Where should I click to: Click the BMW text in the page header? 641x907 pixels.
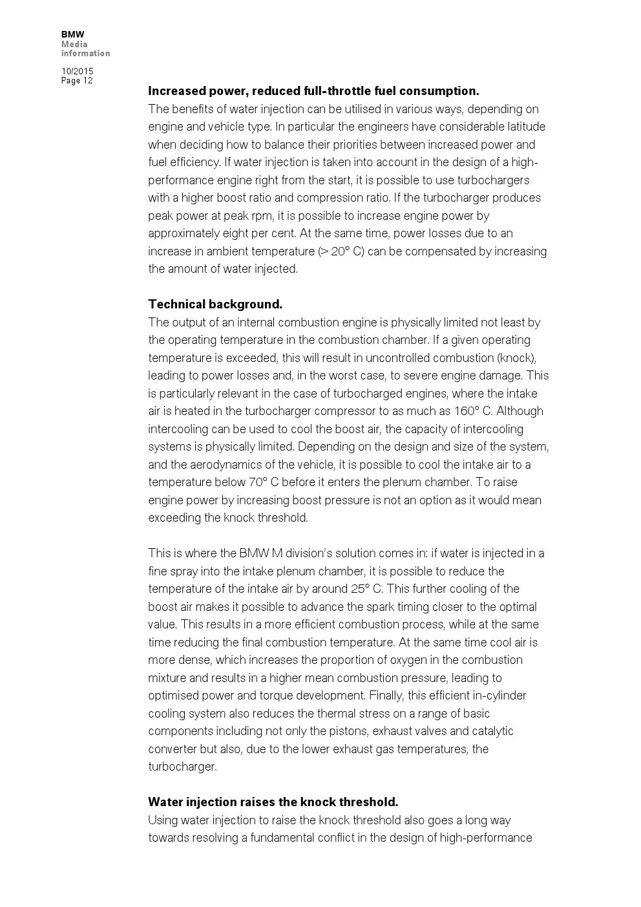[72, 34]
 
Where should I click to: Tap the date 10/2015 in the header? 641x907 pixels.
[77, 71]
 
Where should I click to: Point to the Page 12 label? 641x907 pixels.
[77, 81]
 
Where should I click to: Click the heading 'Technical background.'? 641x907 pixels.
[215, 304]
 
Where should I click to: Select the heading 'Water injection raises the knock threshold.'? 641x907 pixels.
[273, 802]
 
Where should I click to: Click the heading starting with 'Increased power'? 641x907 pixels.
[313, 91]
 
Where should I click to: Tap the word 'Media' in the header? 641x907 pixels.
[74, 44]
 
